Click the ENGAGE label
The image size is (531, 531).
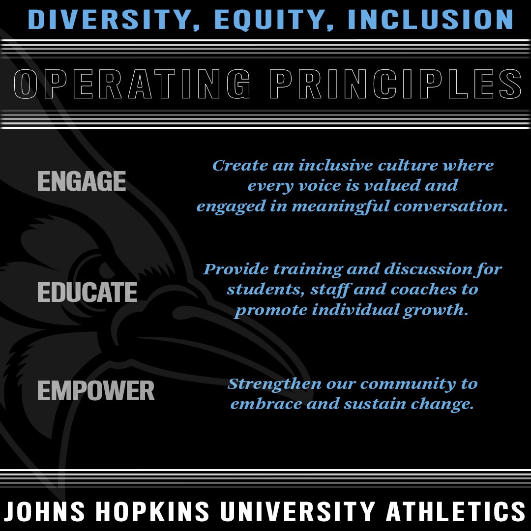point(82,181)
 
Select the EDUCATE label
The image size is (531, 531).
point(87,293)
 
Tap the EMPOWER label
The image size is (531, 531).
point(96,391)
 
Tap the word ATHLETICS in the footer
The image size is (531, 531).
point(455,511)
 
